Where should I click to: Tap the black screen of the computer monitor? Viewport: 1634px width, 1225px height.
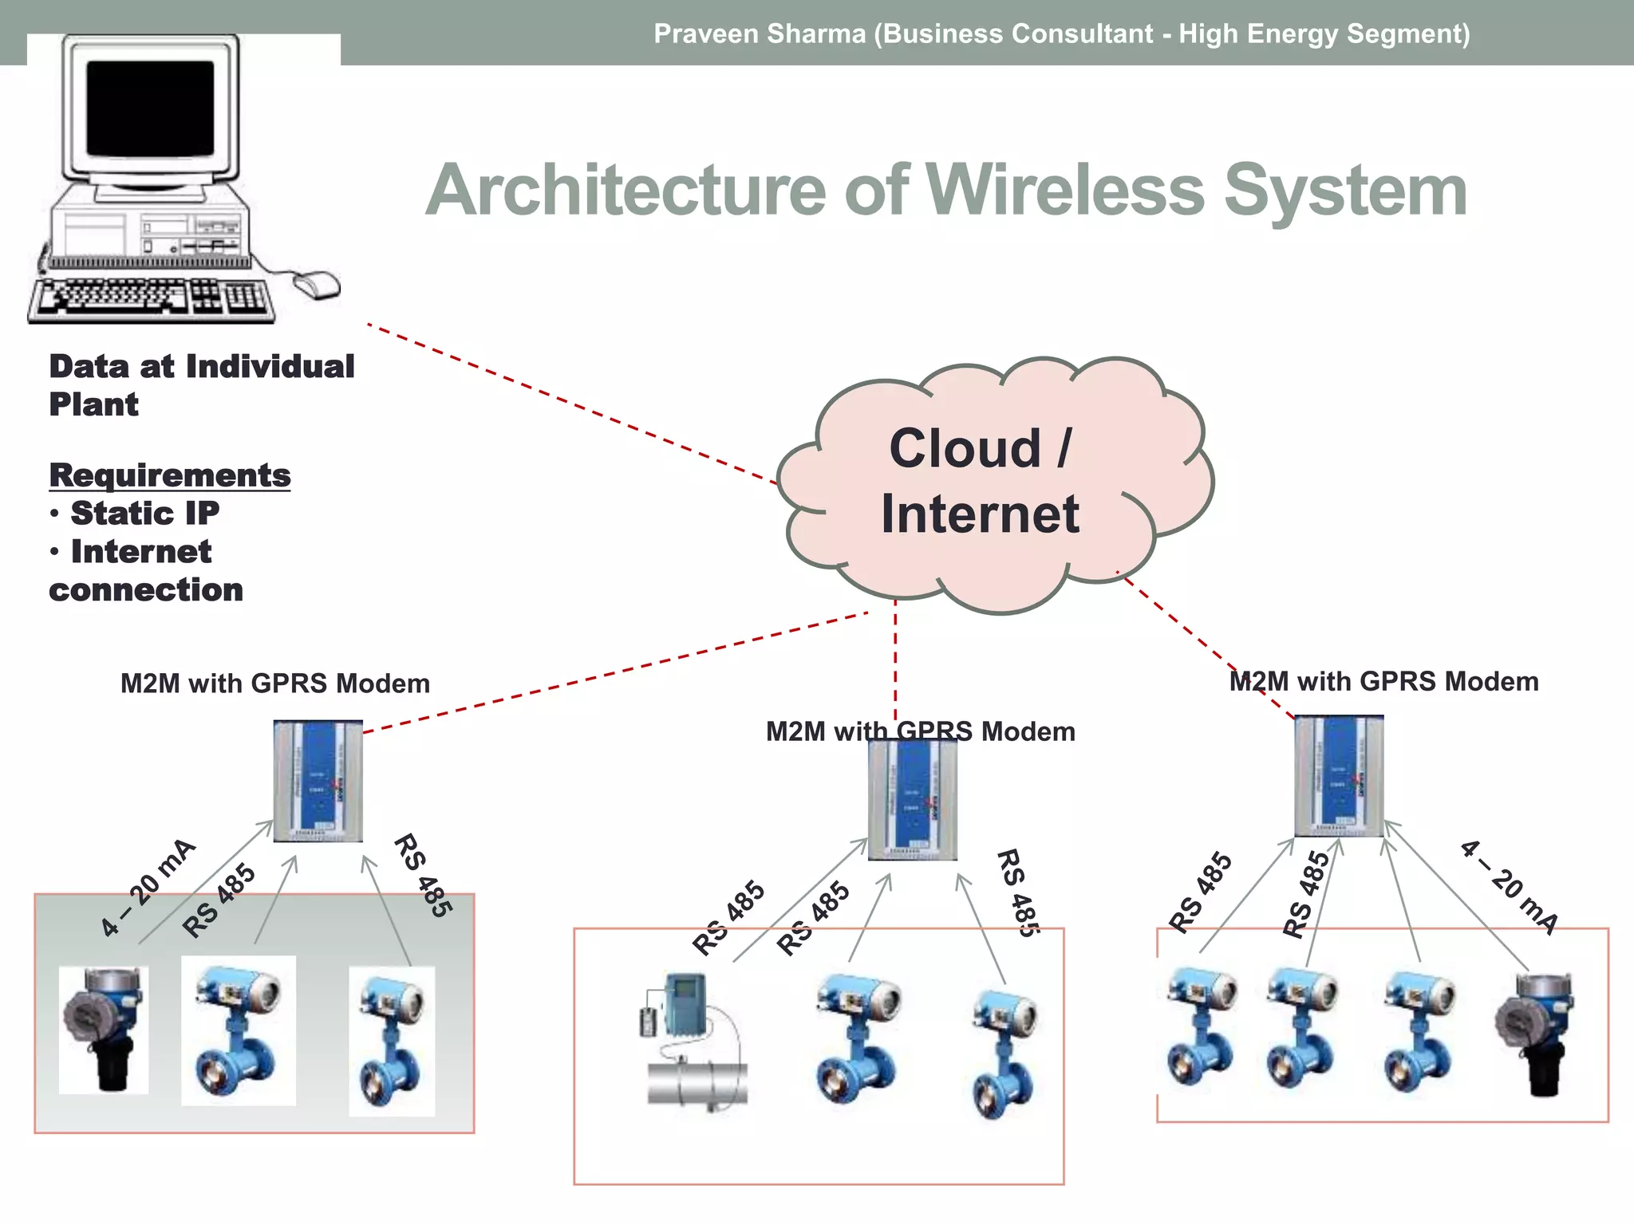pos(150,108)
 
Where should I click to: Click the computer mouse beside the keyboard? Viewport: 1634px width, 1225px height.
pos(318,284)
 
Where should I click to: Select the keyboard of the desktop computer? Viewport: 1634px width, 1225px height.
pos(152,298)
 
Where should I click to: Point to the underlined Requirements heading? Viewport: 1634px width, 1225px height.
pos(169,475)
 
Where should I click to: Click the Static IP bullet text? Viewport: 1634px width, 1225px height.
pos(144,513)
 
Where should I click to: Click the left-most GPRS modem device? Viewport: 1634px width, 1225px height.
pos(318,781)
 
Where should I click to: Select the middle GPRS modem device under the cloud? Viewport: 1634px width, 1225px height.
pos(913,800)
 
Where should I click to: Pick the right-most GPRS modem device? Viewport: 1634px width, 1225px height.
pos(1339,776)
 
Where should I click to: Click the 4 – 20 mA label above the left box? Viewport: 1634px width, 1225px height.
pos(148,887)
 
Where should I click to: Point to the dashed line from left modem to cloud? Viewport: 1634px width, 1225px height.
pos(614,672)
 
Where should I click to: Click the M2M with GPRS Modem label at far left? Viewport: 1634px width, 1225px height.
pos(274,683)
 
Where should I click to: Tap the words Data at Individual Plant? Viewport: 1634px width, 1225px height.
pos(201,385)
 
